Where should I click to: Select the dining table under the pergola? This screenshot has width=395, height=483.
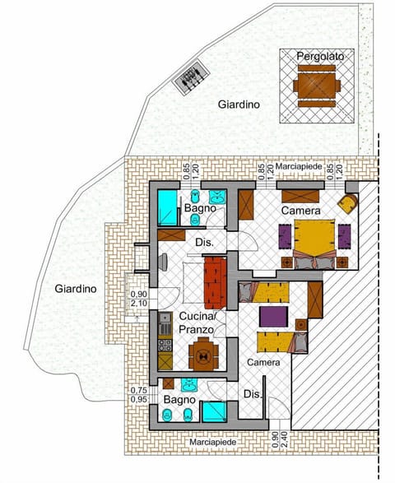pos(317,86)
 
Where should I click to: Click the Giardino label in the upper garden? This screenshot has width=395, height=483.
pos(239,105)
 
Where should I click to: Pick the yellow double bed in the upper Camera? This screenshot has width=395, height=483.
pos(314,238)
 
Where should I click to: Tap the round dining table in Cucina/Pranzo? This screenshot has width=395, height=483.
pos(202,355)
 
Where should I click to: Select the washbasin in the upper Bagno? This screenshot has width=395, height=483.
pos(218,197)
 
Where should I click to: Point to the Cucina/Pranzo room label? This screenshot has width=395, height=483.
pos(197,323)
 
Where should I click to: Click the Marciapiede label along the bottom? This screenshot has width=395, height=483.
pos(213,442)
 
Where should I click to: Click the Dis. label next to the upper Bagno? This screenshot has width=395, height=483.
pos(205,242)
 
